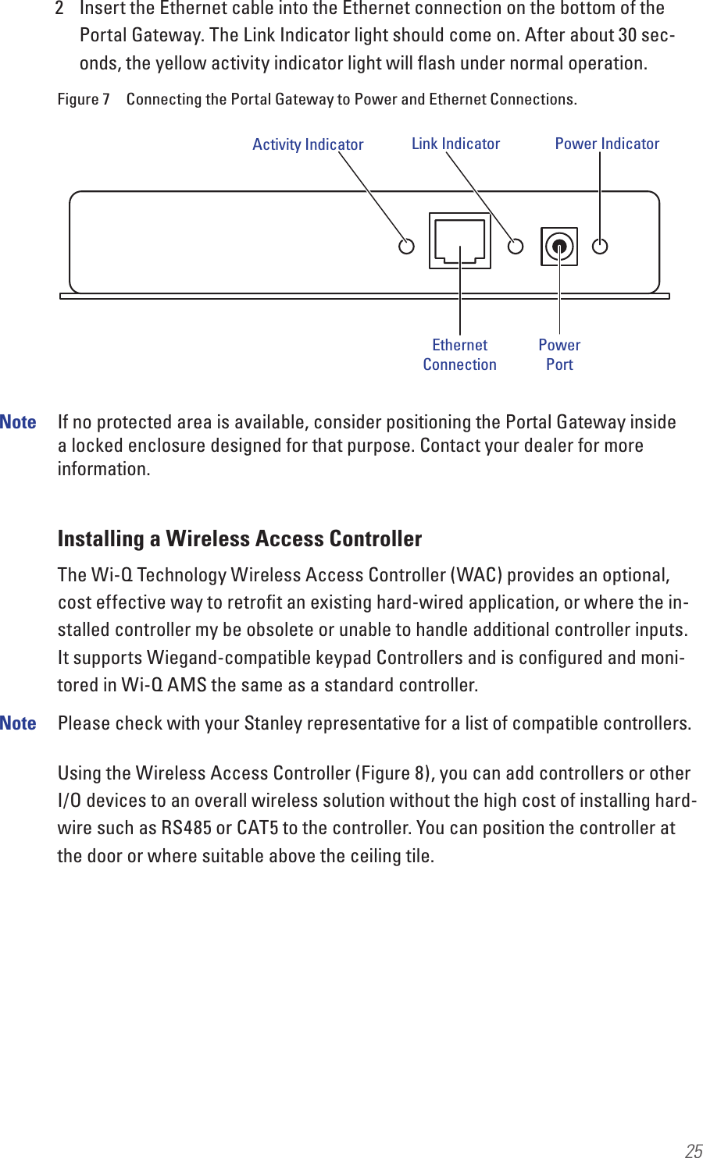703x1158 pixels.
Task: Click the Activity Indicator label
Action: click(308, 144)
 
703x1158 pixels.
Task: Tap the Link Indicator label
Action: click(455, 144)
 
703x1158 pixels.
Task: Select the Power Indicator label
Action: click(607, 144)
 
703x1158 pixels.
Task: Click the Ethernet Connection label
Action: click(459, 354)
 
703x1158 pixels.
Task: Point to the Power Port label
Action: click(559, 354)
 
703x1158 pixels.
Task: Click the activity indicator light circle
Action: click(406, 247)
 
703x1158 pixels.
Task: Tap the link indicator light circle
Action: click(516, 247)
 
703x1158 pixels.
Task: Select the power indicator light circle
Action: click(600, 247)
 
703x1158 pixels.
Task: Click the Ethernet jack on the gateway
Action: click(460, 240)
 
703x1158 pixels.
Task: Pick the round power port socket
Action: click(559, 247)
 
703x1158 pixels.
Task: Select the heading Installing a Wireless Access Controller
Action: click(240, 538)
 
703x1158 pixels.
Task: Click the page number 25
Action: click(693, 1149)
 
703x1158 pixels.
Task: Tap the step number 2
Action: click(59, 9)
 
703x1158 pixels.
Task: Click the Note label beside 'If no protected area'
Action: click(18, 422)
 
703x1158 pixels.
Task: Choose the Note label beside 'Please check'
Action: click(18, 723)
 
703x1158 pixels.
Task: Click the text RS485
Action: click(186, 828)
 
